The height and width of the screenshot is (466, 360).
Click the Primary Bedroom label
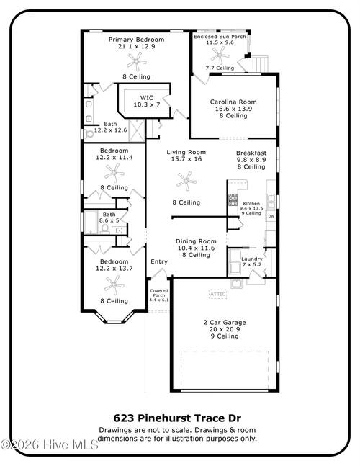(x=136, y=40)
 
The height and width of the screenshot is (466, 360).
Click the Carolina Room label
(x=233, y=102)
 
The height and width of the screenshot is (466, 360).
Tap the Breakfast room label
(x=251, y=153)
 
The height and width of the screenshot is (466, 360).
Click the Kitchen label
(x=251, y=204)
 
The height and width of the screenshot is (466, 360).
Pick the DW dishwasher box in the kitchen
(x=271, y=217)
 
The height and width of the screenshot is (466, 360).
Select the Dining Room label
(x=196, y=241)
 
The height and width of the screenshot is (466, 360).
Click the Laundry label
(x=251, y=258)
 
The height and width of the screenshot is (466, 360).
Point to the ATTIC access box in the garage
(x=217, y=294)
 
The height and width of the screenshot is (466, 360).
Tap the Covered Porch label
(x=158, y=292)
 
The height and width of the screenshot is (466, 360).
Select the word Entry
(x=158, y=261)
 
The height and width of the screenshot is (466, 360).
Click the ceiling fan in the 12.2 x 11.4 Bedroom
(x=114, y=172)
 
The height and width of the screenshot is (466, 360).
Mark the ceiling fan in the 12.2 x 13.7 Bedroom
(x=113, y=282)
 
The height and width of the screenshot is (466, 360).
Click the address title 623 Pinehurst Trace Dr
(x=177, y=418)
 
